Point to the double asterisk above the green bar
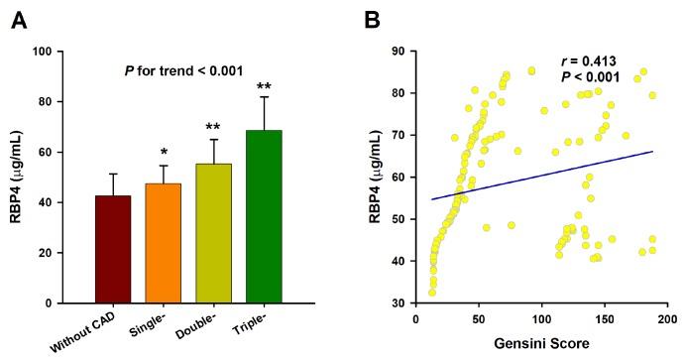coord(264,86)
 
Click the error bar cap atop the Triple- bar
coord(264,96)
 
